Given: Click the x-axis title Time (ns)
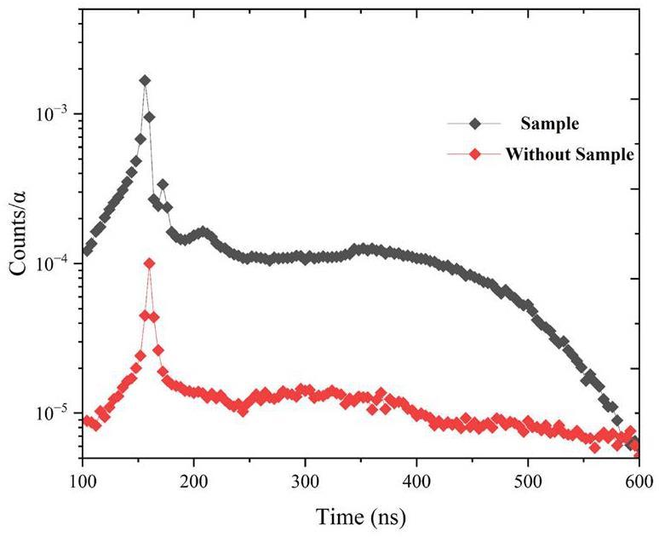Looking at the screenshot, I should [361, 517].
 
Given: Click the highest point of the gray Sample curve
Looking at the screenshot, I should [145, 80].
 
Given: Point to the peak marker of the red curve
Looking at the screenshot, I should [150, 263].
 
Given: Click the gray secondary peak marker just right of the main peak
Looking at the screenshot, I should [163, 184].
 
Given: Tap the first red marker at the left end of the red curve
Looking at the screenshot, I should [87, 419].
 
